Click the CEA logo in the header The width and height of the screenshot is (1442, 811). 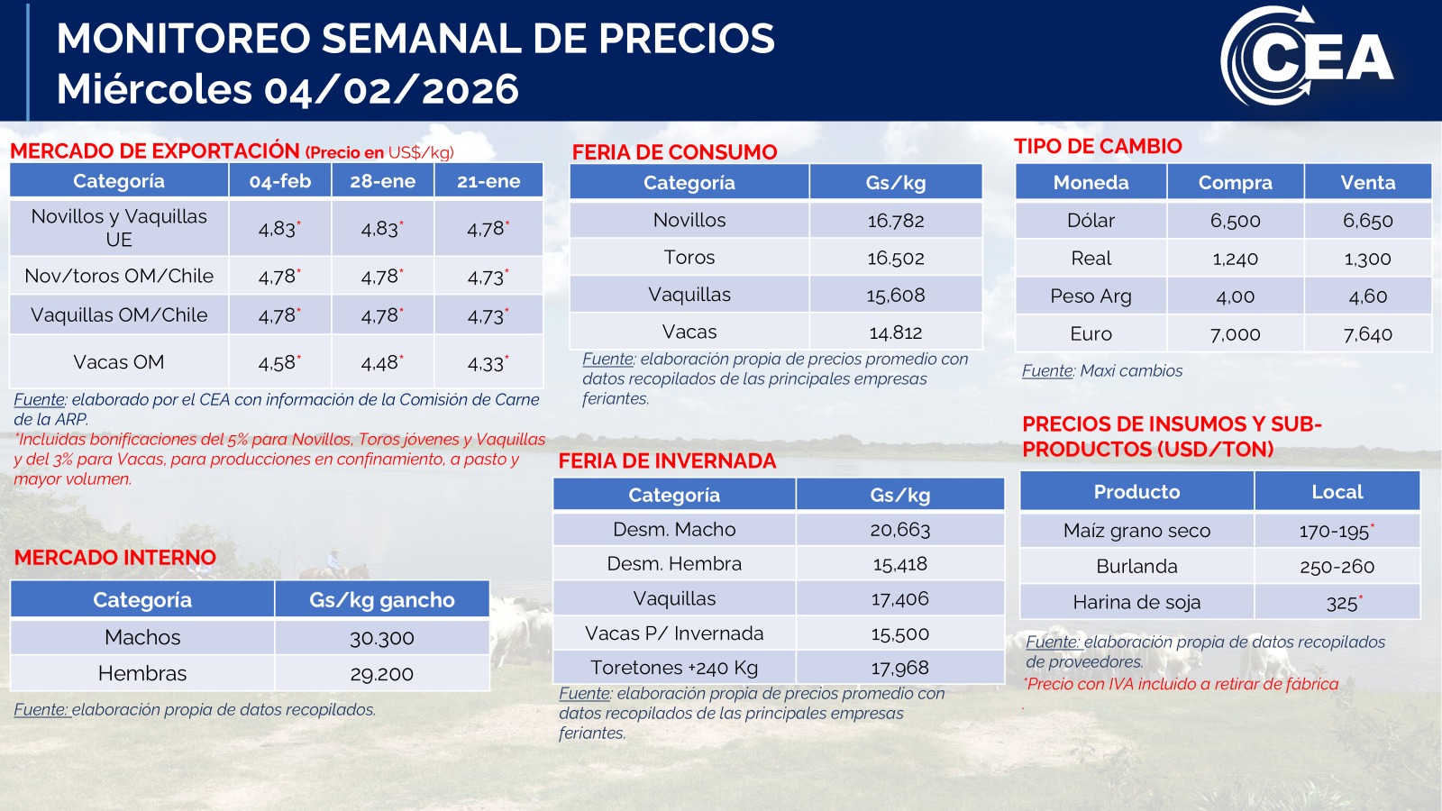(x=1309, y=57)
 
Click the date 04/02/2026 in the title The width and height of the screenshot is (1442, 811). (x=391, y=89)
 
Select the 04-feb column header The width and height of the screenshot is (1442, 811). (x=280, y=181)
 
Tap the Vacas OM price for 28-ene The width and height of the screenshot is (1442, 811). (x=381, y=363)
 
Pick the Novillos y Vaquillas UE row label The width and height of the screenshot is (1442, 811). (x=119, y=228)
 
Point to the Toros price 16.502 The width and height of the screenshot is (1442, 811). (x=895, y=259)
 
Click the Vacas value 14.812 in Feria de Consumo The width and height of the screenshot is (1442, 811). (x=895, y=333)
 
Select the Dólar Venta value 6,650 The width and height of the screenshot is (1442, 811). (x=1367, y=221)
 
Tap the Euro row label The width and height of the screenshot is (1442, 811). (x=1091, y=334)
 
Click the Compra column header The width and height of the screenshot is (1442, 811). (x=1235, y=183)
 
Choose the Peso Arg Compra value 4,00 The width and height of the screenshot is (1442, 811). (x=1235, y=296)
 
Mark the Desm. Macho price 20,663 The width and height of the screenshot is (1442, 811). (x=899, y=530)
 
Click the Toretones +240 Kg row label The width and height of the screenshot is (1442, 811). (x=674, y=668)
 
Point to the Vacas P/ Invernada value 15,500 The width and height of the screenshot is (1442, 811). (x=899, y=634)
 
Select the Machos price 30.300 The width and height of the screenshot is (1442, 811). (x=381, y=638)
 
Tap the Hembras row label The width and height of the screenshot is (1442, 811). (x=142, y=674)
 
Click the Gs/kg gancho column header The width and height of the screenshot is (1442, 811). (x=381, y=600)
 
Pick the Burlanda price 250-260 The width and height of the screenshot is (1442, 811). (x=1337, y=567)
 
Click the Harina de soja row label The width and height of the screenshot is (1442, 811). (x=1136, y=603)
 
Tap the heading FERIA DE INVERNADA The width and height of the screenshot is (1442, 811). (x=667, y=461)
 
